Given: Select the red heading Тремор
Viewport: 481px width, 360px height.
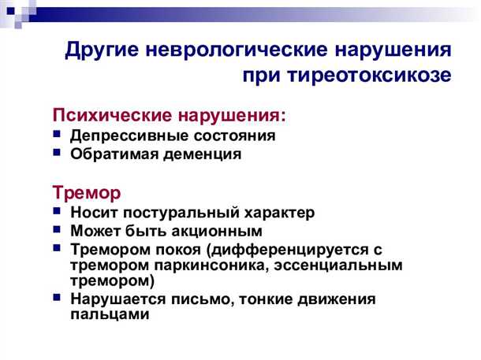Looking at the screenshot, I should (87, 192).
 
